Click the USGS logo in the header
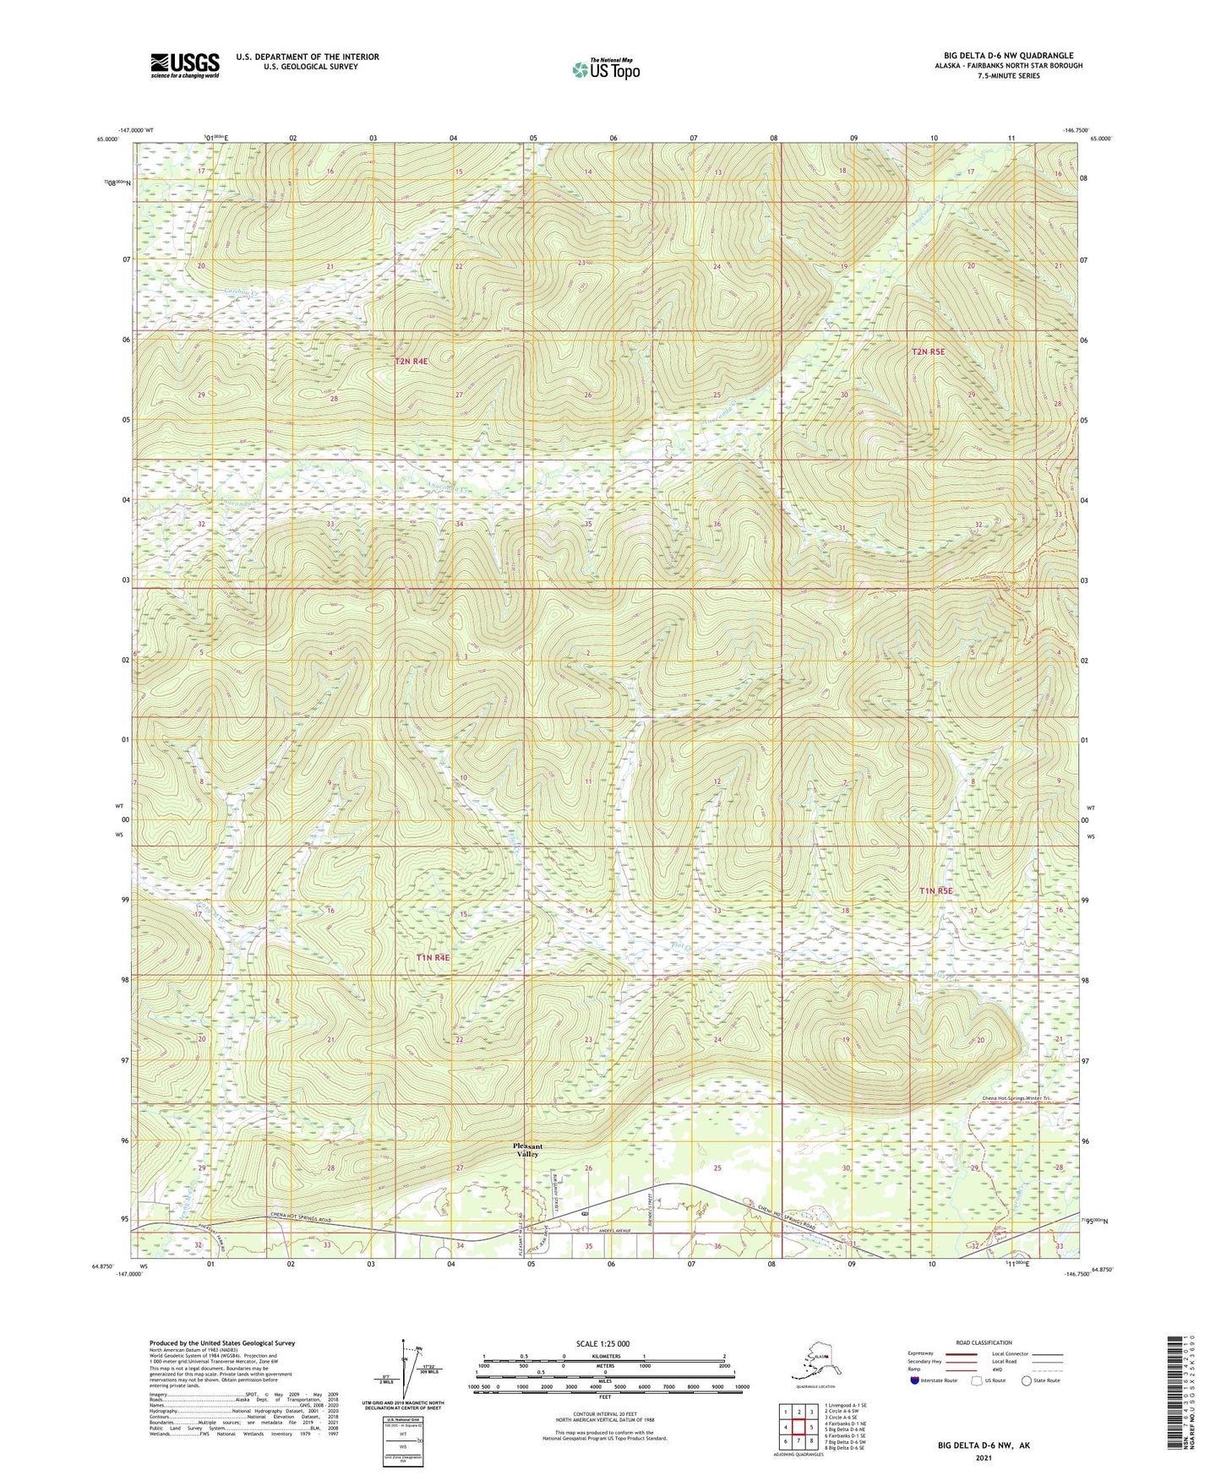click(185, 65)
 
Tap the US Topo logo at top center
click(605, 68)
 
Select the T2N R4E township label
click(412, 362)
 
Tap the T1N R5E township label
click(935, 890)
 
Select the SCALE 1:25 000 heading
click(603, 1343)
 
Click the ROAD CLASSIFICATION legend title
click(984, 1342)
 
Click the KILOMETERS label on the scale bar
click(603, 1357)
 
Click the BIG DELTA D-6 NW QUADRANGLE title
click(1002, 56)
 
